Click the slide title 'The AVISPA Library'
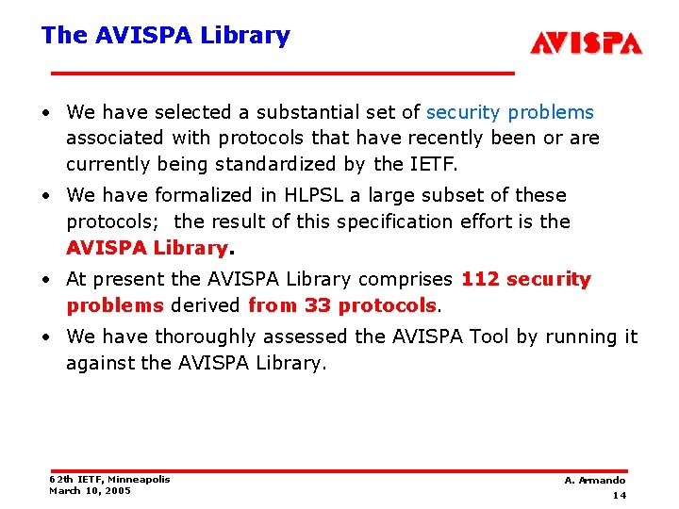pyautogui.click(x=165, y=36)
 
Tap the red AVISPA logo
pyautogui.click(x=586, y=43)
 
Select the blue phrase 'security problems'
pyautogui.click(x=510, y=112)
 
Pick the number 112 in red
pyautogui.click(x=480, y=279)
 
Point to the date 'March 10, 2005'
pyautogui.click(x=91, y=490)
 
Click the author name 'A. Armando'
pyautogui.click(x=595, y=481)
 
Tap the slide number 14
pyautogui.click(x=620, y=495)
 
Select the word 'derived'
pyautogui.click(x=206, y=305)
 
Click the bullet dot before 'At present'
pyautogui.click(x=45, y=280)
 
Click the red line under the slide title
pyautogui.click(x=283, y=73)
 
